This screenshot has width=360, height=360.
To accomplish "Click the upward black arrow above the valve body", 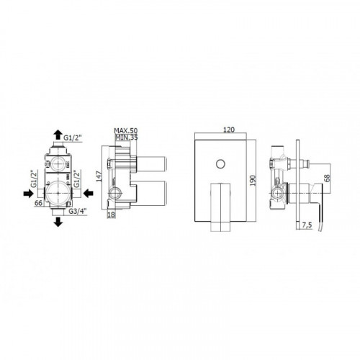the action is coord(58,135).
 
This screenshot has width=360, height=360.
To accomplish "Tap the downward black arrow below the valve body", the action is coord(58,222).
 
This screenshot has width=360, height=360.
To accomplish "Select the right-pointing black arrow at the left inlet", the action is coord(28,194).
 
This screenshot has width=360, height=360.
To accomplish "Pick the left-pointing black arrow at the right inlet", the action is coord(89,193).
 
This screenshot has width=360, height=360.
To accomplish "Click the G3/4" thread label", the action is coord(78,211).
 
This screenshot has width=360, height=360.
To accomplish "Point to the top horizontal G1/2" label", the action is coord(73,138).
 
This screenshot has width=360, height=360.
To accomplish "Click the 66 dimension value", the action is coord(38,203).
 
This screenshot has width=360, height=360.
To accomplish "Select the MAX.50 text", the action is coord(126,131).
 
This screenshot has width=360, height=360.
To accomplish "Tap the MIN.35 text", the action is coord(127,138).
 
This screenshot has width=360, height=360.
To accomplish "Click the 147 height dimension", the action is coord(99,176).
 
